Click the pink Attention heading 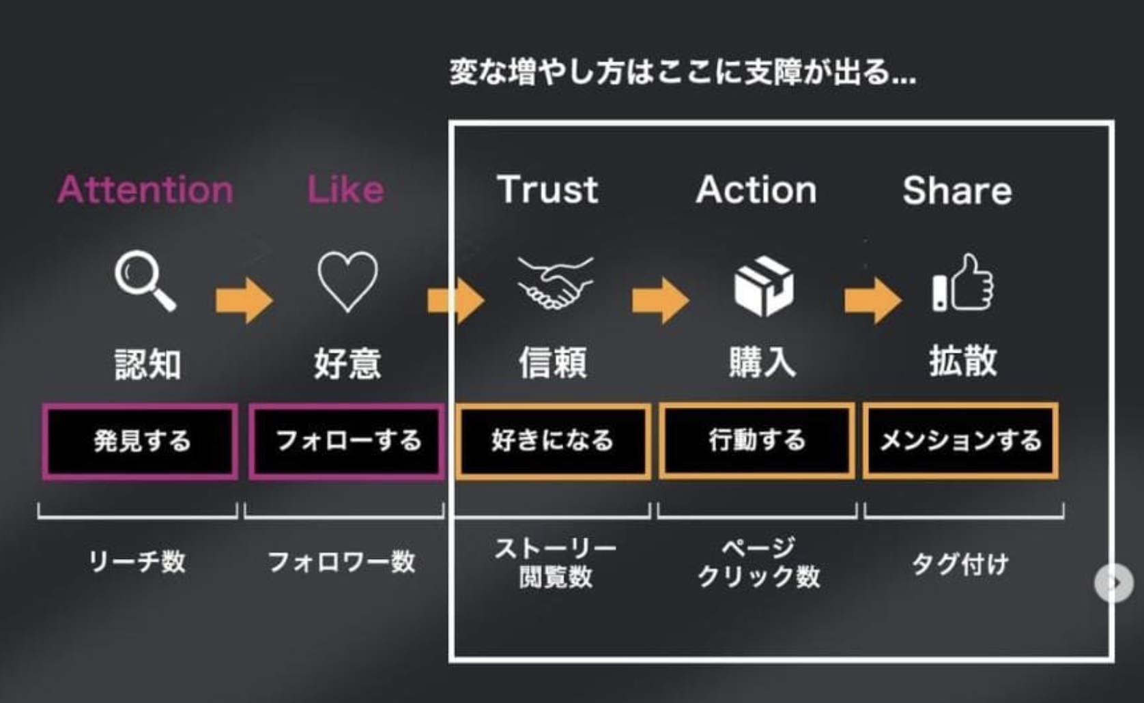click(x=145, y=190)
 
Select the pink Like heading click(x=345, y=190)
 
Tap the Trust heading click(x=547, y=190)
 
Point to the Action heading click(x=756, y=190)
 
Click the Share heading click(x=957, y=190)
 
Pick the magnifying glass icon click(x=145, y=281)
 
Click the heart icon click(x=347, y=281)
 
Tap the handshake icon click(x=555, y=283)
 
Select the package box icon click(x=763, y=285)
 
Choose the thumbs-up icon click(x=963, y=284)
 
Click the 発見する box click(x=141, y=442)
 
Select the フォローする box click(x=347, y=442)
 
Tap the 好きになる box click(x=553, y=442)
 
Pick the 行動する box click(x=757, y=442)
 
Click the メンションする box click(x=961, y=442)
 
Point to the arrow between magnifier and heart click(x=244, y=300)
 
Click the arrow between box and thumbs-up click(x=872, y=300)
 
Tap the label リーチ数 click(x=137, y=562)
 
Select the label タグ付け click(x=960, y=564)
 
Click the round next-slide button click(x=1113, y=583)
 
